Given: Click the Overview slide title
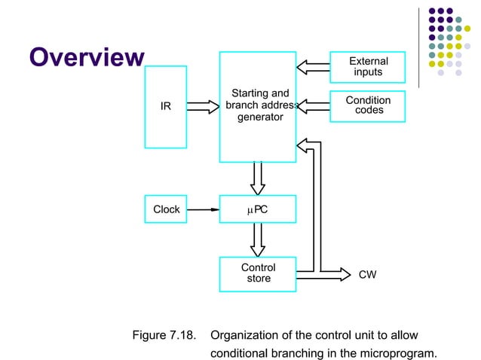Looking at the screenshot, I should pyautogui.click(x=85, y=57).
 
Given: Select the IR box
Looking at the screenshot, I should pyautogui.click(x=165, y=106).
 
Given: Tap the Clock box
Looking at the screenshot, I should pyautogui.click(x=166, y=209).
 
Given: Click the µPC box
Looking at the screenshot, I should pyautogui.click(x=257, y=209).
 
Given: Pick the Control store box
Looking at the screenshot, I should pyautogui.click(x=257, y=273).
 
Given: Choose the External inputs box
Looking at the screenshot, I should pyautogui.click(x=368, y=66).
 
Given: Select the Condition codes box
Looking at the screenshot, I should pyautogui.click(x=368, y=105).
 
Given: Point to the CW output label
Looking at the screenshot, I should pyautogui.click(x=367, y=276).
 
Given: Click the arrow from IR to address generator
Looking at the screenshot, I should pyautogui.click(x=202, y=106).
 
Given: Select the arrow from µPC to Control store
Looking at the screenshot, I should pyautogui.click(x=257, y=239).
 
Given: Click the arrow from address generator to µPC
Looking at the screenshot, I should pyautogui.click(x=257, y=178).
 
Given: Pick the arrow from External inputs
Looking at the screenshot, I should pyautogui.click(x=313, y=66).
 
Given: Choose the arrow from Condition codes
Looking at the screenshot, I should pyautogui.click(x=313, y=105).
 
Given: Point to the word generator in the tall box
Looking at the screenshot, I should pyautogui.click(x=257, y=117).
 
